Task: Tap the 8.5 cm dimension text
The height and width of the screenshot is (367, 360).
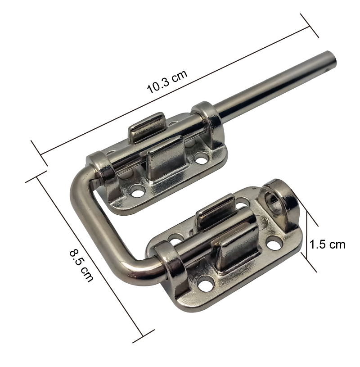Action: [81, 266]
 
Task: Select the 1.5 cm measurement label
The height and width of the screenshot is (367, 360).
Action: [327, 245]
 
